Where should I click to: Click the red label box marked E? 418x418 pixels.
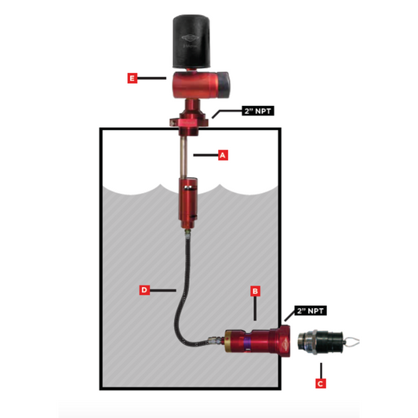point(133,78)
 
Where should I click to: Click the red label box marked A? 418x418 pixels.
point(222,155)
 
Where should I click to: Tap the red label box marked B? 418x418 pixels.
point(255,290)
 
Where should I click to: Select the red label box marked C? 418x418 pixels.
point(320,383)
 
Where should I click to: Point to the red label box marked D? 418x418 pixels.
point(144,290)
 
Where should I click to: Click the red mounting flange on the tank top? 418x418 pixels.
point(192,121)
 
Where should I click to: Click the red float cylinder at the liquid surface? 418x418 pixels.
point(189,200)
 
